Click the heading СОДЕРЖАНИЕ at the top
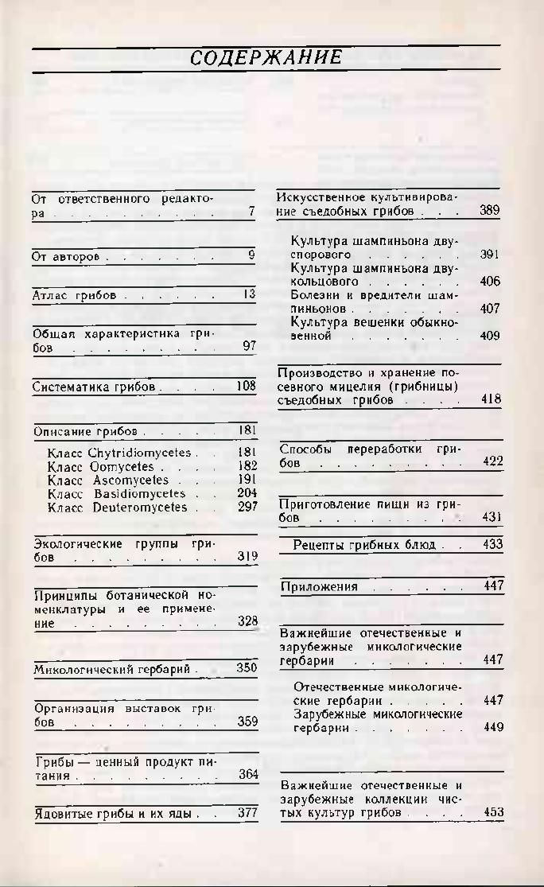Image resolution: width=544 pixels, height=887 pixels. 266,57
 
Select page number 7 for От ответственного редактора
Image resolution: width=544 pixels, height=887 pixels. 251,212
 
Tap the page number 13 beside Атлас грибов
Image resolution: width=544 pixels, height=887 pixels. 249,294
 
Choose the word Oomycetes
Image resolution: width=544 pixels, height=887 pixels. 122,466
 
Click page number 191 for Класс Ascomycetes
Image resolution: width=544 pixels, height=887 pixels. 247,480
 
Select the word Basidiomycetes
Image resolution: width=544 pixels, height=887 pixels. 139,493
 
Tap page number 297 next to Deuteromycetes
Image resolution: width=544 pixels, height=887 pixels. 247,507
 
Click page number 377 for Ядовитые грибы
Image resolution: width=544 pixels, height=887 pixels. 247,813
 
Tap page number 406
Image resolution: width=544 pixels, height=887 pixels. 490,282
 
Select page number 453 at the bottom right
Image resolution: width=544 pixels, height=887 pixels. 493,812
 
